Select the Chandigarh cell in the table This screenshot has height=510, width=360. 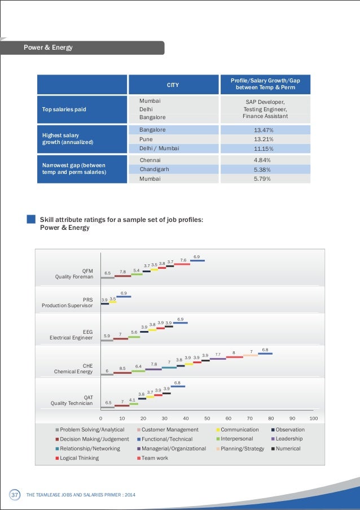pos(173,169)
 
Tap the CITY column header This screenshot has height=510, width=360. pos(173,85)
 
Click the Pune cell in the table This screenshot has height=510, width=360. pos(173,139)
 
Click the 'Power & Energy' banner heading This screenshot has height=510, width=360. pos(48,47)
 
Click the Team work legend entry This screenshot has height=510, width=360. pos(152,458)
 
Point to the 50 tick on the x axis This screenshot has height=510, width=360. pos(207,419)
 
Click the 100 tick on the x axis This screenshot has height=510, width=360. pos(314,419)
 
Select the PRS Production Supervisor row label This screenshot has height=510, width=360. pos(67,303)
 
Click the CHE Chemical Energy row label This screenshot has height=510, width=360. pos(73,368)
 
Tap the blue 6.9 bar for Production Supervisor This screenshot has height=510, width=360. pos(124,297)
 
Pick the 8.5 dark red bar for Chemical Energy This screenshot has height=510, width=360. pos(122,373)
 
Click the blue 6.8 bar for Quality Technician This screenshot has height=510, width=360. pos(178,386)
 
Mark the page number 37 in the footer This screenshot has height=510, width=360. pos(15,495)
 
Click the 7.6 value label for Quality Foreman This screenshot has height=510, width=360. pos(183,260)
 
